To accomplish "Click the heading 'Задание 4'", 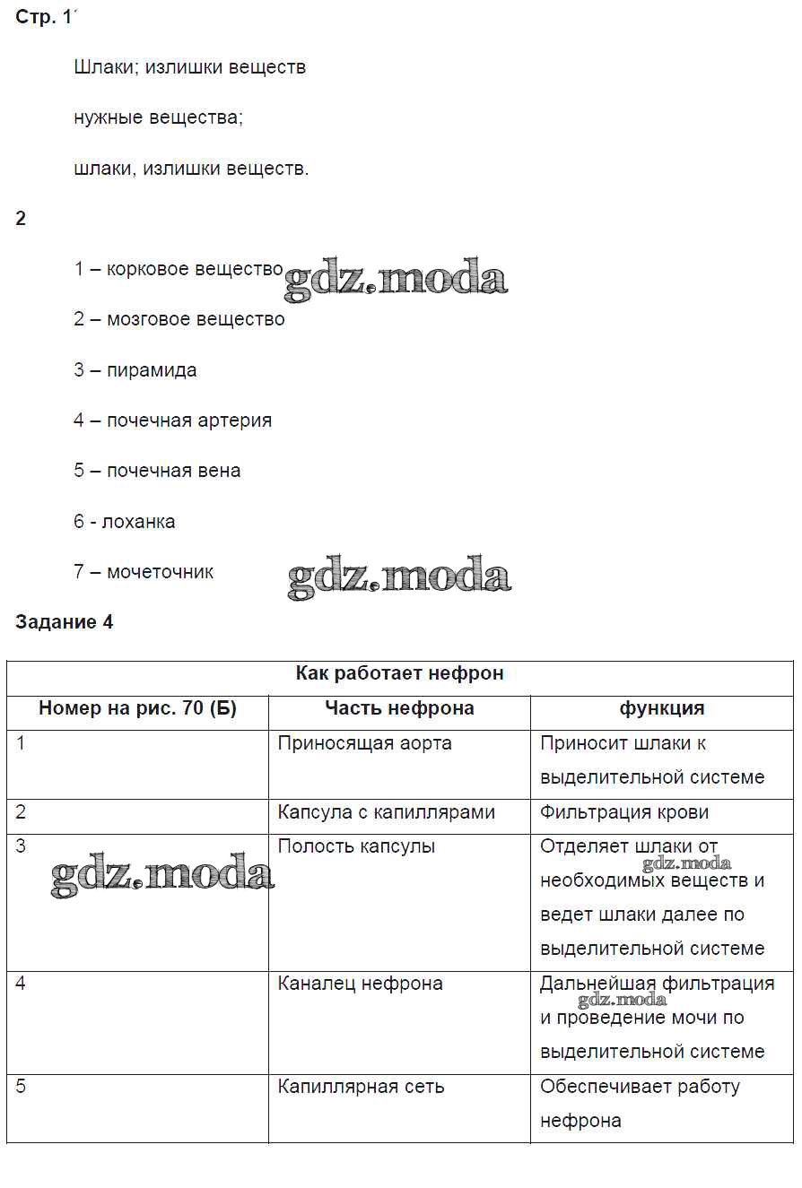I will (65, 622).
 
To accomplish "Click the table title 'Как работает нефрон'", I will (399, 673).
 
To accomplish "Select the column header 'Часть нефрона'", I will (399, 708).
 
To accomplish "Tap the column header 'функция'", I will (661, 708).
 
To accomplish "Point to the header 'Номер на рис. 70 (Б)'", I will (137, 708).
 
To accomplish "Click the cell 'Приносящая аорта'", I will (364, 743).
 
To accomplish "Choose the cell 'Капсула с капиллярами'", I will (386, 812).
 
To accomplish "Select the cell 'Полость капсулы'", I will (356, 846).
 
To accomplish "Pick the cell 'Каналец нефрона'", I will (360, 984).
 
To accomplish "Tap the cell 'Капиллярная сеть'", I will (361, 1087).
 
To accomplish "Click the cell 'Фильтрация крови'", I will (624, 812).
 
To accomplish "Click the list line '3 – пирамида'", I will (135, 370).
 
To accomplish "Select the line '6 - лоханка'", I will (125, 522).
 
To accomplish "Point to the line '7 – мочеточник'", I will (144, 572).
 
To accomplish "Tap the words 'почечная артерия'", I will (189, 421).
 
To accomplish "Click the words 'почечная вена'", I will (173, 471).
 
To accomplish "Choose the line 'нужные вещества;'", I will (158, 117).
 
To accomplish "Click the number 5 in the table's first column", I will (22, 1087).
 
